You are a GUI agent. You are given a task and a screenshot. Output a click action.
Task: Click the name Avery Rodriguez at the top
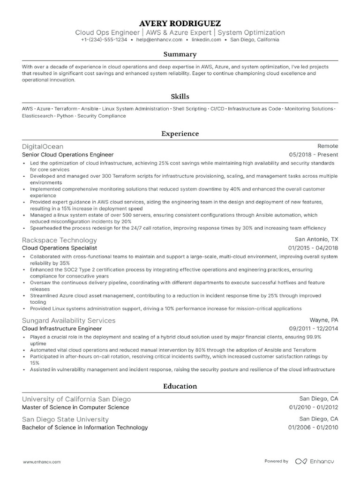coord(180,23)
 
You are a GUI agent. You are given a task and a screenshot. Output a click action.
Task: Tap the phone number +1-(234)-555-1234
coord(104,40)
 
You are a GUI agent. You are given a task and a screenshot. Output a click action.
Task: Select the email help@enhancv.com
coord(156,40)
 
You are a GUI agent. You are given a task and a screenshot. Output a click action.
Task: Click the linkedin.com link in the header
coord(206,40)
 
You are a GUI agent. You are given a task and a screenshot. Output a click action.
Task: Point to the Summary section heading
coord(180,54)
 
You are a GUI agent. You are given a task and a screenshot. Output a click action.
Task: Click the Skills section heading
coord(180,97)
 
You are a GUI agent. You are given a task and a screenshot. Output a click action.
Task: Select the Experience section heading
coord(180,134)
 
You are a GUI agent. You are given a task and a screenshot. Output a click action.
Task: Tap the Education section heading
coord(180,386)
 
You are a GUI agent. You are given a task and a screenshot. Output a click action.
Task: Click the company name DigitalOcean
coord(43,146)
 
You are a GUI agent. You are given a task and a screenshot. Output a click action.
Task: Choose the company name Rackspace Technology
coord(60,240)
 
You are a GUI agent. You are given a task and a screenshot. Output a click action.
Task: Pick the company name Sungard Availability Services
coord(68,321)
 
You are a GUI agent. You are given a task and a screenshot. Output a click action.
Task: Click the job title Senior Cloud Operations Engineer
coord(67,155)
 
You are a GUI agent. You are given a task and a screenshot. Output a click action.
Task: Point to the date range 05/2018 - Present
coord(313,155)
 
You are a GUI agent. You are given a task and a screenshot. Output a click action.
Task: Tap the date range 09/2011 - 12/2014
coord(313,329)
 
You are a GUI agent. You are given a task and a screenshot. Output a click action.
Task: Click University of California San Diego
coord(76,399)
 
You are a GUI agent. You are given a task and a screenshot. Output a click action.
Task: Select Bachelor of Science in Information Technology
coord(85,427)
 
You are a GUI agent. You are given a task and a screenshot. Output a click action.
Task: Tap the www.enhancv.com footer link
coord(42,462)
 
